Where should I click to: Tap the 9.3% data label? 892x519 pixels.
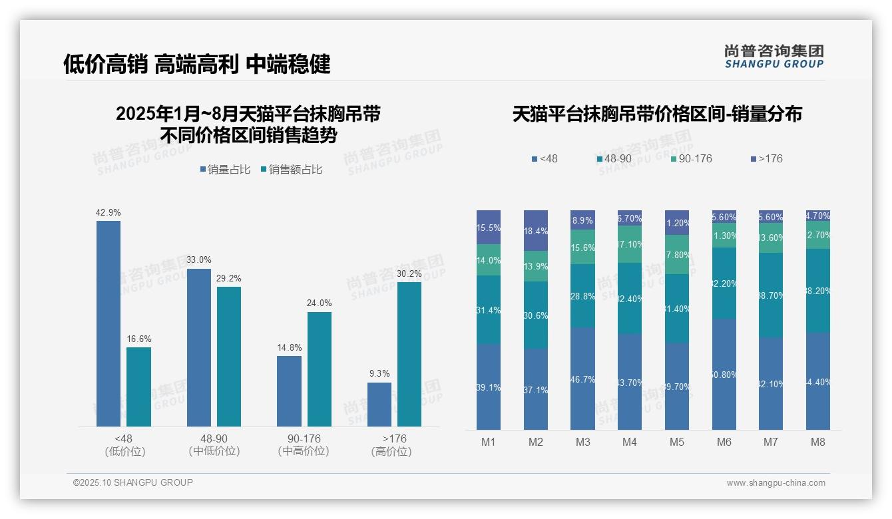tap(379, 374)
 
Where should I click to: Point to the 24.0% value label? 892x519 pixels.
tap(320, 303)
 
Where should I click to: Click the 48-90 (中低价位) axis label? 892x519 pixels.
tap(214, 444)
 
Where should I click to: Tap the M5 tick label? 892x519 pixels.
tap(677, 442)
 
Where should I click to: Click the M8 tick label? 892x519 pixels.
tap(818, 442)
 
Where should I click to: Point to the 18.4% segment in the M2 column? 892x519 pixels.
tap(536, 231)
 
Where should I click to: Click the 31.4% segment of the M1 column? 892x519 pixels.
tap(489, 309)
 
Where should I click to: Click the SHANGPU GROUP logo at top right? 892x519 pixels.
tap(774, 57)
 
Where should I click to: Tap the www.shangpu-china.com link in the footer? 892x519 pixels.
tap(776, 483)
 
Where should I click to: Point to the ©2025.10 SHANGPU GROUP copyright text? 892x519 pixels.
tap(133, 482)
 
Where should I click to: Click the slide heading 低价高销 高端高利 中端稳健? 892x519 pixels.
tap(197, 64)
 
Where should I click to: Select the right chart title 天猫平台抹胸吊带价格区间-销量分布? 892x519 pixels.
tap(657, 114)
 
